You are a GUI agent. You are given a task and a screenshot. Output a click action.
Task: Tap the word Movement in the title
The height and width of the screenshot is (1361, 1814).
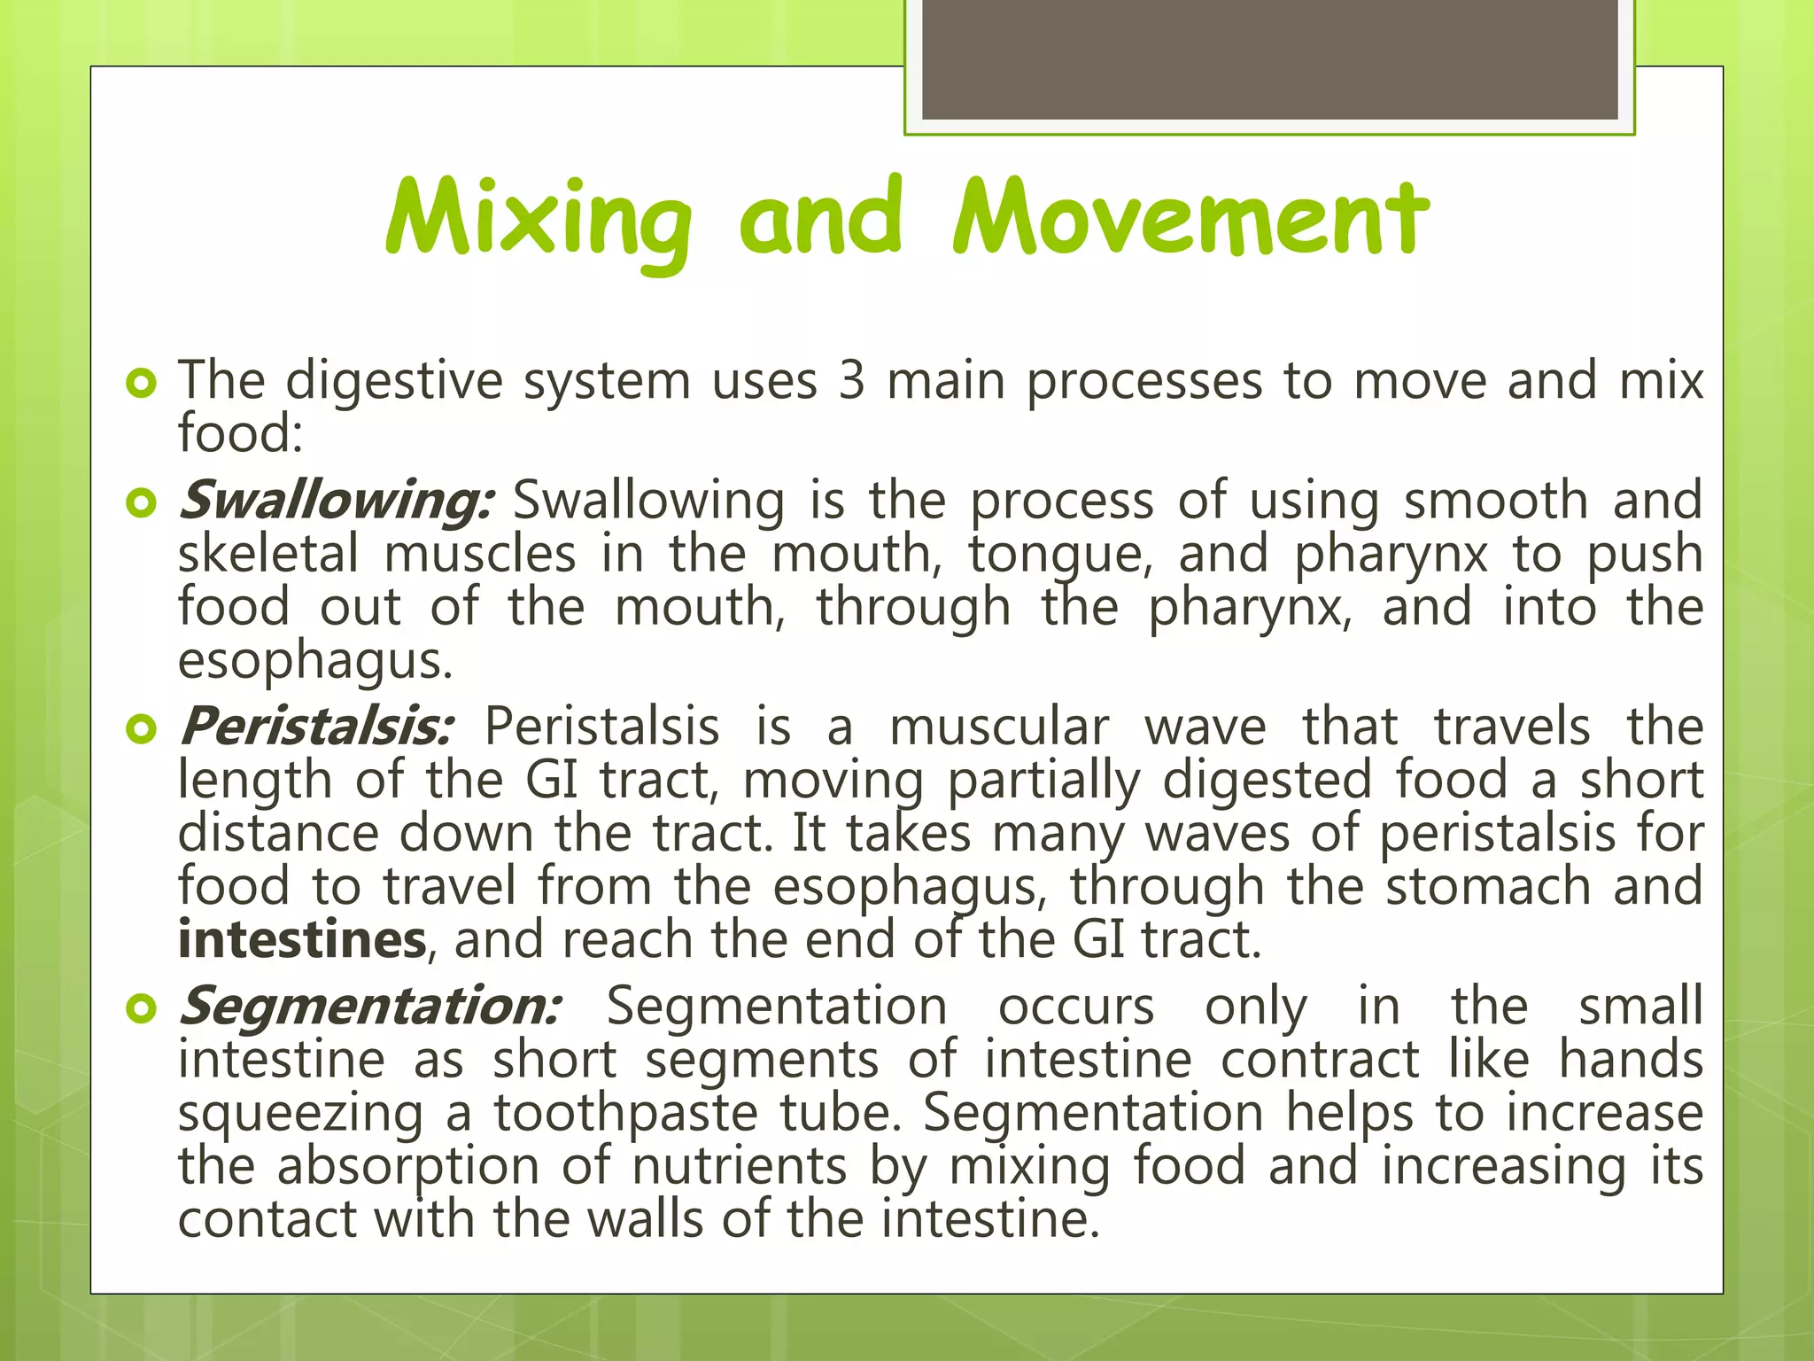pos(1190,220)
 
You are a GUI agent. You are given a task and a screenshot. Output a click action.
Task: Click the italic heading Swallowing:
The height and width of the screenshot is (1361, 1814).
pos(335,501)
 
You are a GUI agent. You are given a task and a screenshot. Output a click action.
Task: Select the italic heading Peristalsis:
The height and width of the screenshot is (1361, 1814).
pos(316,727)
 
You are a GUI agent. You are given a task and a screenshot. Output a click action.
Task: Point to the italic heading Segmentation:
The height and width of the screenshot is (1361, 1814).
pos(369,1007)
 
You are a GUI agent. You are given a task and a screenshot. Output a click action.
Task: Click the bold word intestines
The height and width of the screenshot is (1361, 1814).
pos(302,940)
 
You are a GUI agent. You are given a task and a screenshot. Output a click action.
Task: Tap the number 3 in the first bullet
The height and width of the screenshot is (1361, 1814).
pos(851,382)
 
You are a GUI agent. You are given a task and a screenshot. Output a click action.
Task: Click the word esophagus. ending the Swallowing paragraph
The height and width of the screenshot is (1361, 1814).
pos(314,661)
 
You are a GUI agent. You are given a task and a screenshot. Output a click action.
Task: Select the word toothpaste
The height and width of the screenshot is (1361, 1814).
pos(625,1114)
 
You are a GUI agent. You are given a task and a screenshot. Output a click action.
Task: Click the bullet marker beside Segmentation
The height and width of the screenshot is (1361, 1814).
pos(141,1008)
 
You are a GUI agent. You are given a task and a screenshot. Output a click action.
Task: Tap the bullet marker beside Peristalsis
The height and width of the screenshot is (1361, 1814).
pos(141,729)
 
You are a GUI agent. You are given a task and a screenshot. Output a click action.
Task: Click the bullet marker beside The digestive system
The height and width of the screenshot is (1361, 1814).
pos(141,384)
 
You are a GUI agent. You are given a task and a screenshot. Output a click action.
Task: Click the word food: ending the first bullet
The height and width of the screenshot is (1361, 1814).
pos(240,434)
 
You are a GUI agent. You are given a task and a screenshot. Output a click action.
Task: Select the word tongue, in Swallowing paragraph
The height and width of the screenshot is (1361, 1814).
pos(1059,555)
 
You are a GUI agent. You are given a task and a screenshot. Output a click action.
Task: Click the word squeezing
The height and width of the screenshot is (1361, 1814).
pos(300,1114)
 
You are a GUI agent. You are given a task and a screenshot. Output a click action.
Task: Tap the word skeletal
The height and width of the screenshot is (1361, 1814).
pos(268,555)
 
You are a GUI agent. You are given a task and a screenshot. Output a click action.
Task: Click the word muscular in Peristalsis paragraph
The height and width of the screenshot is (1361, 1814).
pos(998,727)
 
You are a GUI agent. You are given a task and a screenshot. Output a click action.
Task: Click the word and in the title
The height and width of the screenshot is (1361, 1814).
pos(819,220)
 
